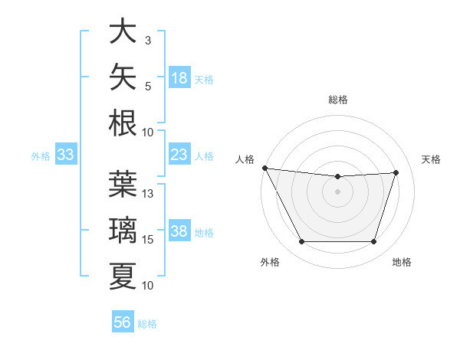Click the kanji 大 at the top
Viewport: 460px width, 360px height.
(123, 31)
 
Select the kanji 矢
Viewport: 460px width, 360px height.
(123, 77)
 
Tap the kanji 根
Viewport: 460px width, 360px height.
(123, 123)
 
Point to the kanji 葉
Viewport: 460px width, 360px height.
(123, 184)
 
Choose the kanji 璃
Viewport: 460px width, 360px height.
(123, 230)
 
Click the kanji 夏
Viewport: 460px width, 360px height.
(123, 277)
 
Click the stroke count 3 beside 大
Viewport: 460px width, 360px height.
(148, 41)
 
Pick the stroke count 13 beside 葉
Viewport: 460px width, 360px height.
(147, 194)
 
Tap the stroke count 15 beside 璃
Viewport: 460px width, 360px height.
(147, 240)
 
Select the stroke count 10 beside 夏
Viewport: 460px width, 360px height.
(147, 286)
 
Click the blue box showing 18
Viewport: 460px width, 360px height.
(179, 77)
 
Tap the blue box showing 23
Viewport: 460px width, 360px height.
(179, 154)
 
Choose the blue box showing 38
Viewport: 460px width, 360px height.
(179, 230)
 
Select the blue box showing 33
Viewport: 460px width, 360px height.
(66, 154)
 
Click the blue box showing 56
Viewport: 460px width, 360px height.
(123, 321)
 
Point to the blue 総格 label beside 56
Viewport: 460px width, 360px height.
(147, 324)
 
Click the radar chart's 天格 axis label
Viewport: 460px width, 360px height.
(431, 160)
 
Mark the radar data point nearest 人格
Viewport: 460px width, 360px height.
(265, 168)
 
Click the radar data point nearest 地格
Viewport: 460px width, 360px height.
(373, 241)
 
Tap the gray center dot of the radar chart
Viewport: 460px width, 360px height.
(337, 191)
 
